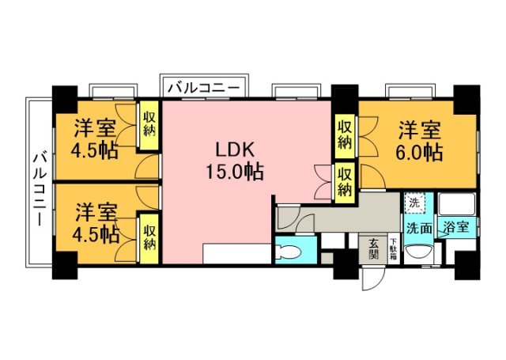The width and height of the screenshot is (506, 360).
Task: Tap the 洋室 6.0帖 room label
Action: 419,139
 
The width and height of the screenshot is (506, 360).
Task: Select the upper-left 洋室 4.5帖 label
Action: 97,138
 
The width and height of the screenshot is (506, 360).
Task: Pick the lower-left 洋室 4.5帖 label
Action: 97,222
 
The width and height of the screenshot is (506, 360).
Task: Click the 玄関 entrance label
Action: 372,250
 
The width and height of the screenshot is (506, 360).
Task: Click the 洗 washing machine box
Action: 413,203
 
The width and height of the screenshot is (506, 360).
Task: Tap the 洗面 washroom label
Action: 419,228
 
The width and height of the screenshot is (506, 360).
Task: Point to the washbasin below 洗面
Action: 418,253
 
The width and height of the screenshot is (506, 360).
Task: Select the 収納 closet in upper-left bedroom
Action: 149,127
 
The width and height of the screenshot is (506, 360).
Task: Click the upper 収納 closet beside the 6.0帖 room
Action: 344,135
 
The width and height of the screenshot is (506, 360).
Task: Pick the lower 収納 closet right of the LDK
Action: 344,181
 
